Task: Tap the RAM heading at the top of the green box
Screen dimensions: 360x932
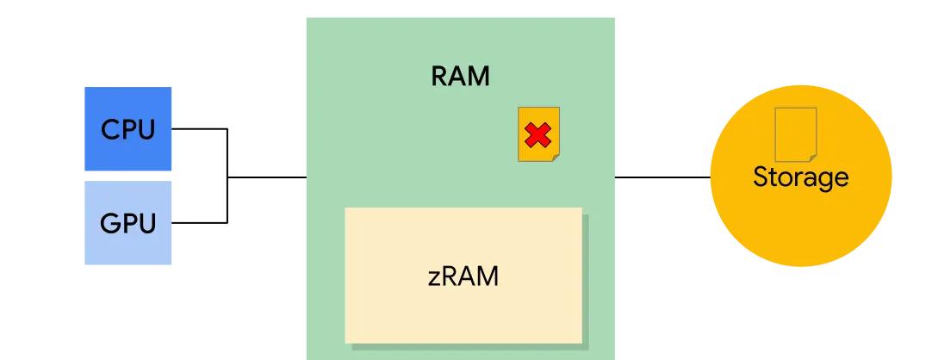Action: coord(460,76)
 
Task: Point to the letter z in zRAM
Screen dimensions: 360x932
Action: coord(434,279)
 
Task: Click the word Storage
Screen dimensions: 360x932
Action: coord(800,177)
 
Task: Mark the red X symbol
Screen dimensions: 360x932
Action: coord(537,135)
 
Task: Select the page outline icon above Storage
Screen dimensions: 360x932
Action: coord(795,134)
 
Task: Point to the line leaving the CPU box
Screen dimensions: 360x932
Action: coord(198,129)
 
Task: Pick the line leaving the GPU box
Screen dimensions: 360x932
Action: coord(198,222)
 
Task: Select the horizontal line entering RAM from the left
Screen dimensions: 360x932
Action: coord(267,177)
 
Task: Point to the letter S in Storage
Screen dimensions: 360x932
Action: coord(761,177)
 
